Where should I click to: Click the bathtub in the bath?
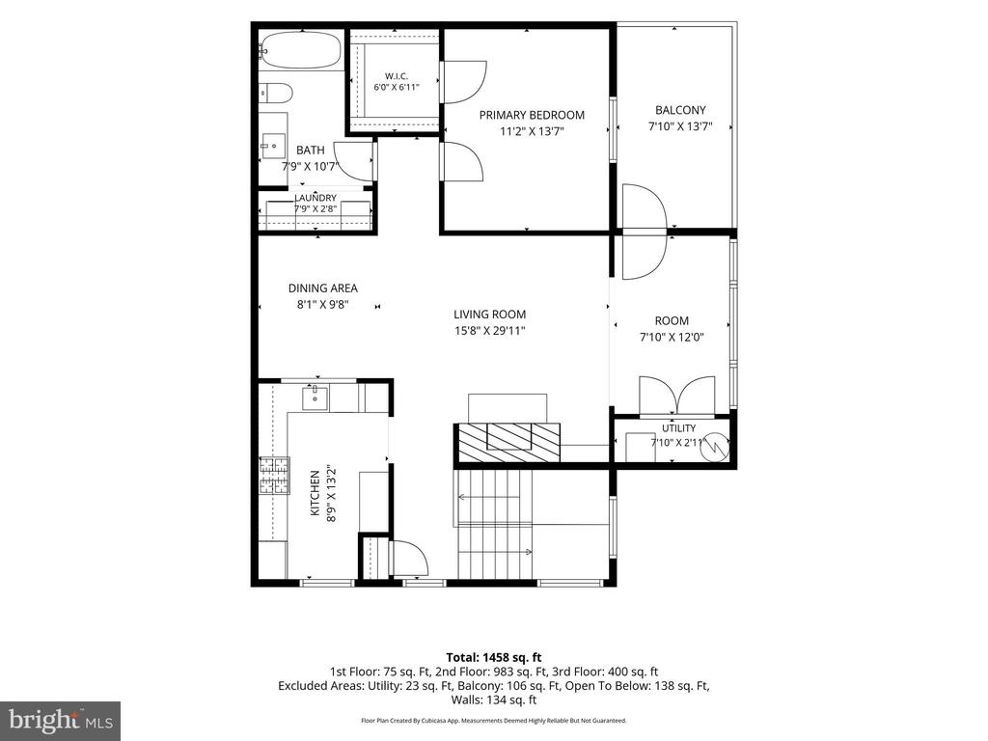(x=301, y=50)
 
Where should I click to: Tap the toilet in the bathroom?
(x=276, y=94)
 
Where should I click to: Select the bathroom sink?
(x=273, y=147)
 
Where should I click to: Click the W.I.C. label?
(x=397, y=76)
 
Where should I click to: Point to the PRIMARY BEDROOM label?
(x=532, y=115)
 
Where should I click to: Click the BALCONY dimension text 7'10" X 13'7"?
(x=680, y=126)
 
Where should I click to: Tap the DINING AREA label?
(x=322, y=288)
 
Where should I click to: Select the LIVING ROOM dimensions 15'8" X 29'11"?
(x=489, y=330)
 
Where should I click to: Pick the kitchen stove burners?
(x=274, y=475)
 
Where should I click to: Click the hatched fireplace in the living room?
(x=508, y=443)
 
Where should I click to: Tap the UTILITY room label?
(x=678, y=427)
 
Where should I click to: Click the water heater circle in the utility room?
(x=715, y=446)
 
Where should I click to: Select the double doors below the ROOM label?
(x=676, y=397)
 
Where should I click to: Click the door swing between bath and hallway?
(x=353, y=161)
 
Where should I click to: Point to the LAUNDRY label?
(x=316, y=198)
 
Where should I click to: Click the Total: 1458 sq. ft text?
(x=494, y=658)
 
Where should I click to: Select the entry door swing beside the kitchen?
(x=409, y=558)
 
